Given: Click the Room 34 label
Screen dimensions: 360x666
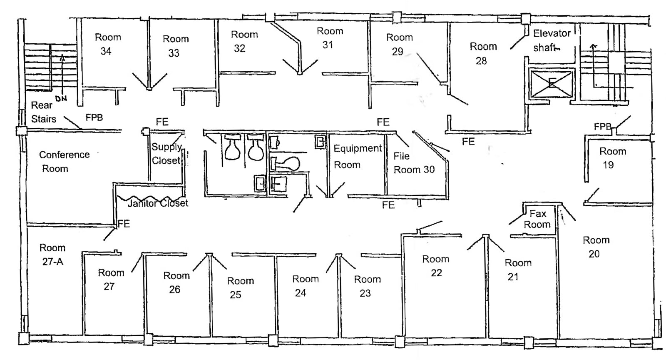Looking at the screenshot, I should point(107,44).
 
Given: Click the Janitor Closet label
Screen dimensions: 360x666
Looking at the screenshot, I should point(158,203).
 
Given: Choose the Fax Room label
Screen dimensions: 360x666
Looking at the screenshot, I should point(537,219).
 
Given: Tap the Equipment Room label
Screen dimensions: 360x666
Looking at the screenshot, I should point(357,156).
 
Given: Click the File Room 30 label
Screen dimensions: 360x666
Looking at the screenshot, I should point(413,163).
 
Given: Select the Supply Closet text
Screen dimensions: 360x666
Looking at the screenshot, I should point(166,154).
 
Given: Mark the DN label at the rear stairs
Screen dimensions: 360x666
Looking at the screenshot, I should point(61,99).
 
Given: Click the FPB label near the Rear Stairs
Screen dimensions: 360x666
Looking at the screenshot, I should point(94,117).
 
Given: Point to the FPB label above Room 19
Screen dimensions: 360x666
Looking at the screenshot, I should point(602,127).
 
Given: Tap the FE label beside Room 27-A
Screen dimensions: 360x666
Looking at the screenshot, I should point(124,224).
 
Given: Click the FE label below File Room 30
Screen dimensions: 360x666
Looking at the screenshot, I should point(388,205).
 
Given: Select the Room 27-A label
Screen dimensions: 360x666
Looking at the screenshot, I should point(52,255).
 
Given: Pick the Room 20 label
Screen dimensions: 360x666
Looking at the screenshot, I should point(596,247).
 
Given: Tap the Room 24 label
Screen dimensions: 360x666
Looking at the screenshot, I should point(305,286).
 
